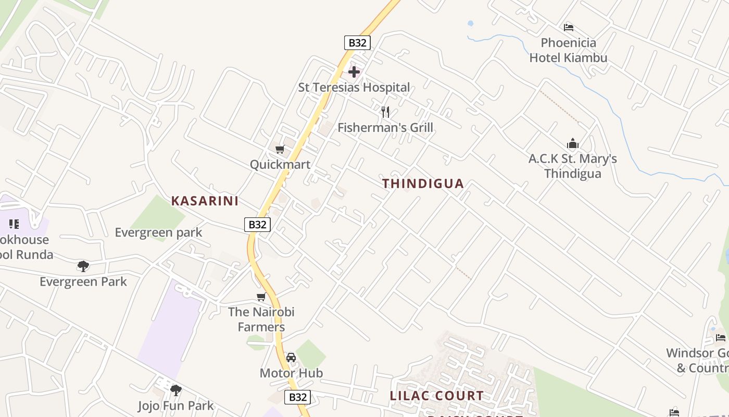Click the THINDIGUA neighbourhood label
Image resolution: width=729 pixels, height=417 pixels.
point(423,183)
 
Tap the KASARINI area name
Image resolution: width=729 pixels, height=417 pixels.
point(205,201)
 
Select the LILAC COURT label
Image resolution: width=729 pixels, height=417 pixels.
point(436,396)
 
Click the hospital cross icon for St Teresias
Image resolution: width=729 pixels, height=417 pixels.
point(354,71)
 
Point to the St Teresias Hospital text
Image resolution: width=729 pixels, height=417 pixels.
point(354,88)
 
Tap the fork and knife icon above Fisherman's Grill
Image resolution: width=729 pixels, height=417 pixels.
point(385,112)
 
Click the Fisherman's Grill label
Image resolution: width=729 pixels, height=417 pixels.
point(385,127)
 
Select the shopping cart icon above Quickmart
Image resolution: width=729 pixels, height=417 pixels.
point(280,150)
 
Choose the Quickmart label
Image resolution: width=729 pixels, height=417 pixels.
point(280,165)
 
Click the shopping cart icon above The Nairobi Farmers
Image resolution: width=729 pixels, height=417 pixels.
point(261,297)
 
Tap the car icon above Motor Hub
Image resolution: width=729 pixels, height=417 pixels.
point(291,358)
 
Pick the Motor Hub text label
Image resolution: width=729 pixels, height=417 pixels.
point(291,373)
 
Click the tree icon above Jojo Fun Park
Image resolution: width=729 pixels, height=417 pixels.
point(176,390)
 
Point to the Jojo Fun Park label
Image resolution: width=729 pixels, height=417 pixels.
point(176,406)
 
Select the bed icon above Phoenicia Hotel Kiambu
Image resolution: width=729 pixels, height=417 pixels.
point(569,27)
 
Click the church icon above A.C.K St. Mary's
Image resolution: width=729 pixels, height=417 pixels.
point(573,143)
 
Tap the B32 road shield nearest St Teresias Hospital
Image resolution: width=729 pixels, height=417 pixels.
point(357,43)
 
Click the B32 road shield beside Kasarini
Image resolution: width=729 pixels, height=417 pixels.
point(257,225)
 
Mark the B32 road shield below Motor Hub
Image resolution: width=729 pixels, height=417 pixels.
point(298,397)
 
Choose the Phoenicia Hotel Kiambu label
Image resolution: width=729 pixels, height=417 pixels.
point(569,50)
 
